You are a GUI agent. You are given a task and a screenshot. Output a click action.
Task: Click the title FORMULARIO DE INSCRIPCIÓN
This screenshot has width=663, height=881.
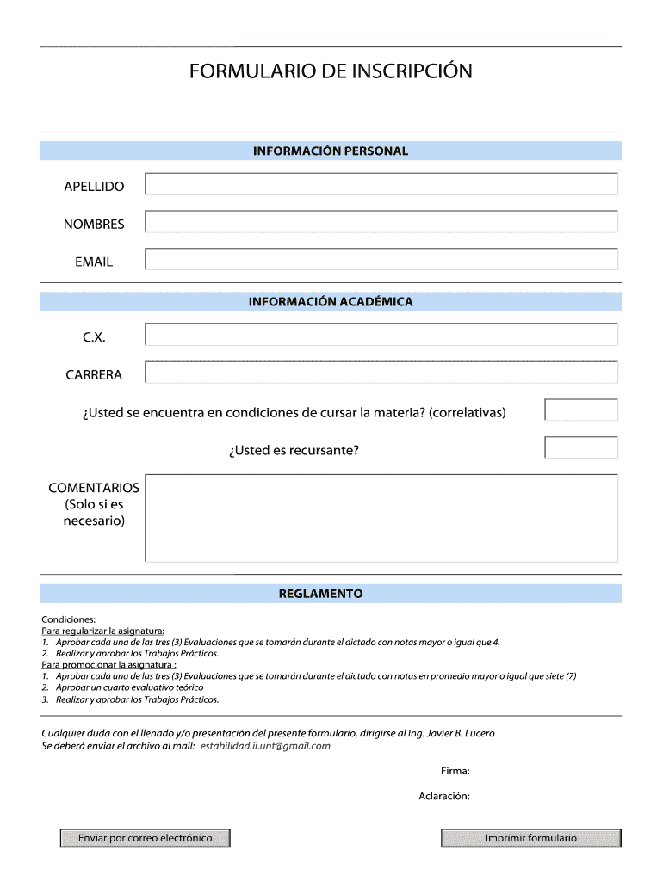331,71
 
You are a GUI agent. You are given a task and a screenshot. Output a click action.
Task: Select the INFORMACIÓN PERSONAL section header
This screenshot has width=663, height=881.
331,151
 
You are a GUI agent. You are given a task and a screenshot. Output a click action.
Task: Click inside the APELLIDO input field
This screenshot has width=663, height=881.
381,184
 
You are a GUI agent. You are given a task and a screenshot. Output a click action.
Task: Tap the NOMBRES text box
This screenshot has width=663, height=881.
381,222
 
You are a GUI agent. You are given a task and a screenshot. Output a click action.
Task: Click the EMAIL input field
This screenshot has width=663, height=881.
381,260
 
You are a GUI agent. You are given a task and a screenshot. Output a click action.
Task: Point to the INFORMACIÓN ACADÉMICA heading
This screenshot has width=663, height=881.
331,302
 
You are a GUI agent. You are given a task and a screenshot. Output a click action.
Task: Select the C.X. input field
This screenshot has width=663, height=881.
381,335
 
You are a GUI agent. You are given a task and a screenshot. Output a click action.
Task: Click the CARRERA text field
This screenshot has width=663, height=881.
381,373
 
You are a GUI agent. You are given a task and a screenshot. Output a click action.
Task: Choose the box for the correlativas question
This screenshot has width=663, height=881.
581,410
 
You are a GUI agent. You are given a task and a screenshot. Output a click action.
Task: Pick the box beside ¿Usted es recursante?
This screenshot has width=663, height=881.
581,447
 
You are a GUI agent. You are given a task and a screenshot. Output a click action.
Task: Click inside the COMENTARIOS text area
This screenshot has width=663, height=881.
381,518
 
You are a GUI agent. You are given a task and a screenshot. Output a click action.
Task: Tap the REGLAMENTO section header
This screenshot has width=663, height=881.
331,594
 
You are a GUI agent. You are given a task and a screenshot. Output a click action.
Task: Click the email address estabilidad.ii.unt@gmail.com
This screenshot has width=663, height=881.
265,746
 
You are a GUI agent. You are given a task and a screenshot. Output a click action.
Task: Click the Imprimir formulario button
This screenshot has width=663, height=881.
530,838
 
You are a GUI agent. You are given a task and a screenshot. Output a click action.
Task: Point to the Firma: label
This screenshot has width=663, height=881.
455,772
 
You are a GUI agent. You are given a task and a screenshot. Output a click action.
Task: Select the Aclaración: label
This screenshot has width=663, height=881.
444,797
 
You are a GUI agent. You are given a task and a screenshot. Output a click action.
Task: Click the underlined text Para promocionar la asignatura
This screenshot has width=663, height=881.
108,665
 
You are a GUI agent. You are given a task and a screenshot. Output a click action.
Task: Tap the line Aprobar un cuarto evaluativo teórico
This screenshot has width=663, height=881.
129,687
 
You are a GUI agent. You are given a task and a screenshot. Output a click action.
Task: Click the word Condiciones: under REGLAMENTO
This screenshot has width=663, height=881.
69,619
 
